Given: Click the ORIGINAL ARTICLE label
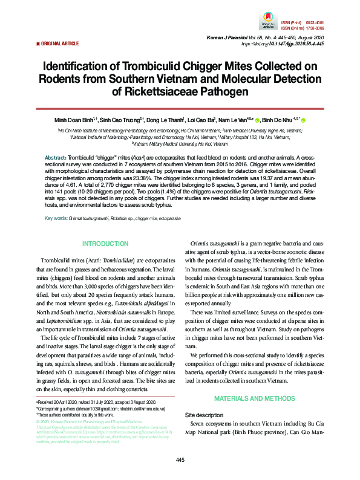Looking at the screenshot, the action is click(x=59, y=44).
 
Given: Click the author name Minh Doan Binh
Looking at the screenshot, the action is click(x=75, y=120).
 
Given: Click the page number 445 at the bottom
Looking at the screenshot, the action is click(x=180, y=461).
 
